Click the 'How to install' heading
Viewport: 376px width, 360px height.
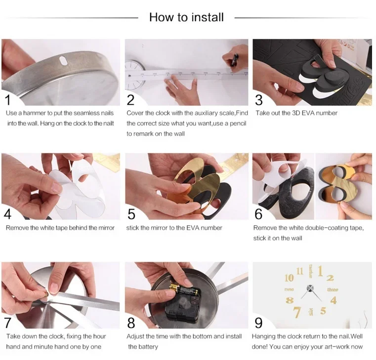pos(187,17)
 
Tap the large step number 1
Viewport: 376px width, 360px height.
pos(8,100)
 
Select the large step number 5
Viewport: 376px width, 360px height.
pos(131,214)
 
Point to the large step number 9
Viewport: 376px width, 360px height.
pos(258,323)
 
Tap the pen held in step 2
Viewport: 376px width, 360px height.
pos(234,60)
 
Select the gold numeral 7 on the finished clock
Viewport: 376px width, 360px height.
pos(297,312)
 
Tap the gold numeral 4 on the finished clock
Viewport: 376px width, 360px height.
pos(334,300)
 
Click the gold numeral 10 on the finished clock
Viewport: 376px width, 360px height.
pos(289,278)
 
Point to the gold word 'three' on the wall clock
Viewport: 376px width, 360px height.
pos(333,290)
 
